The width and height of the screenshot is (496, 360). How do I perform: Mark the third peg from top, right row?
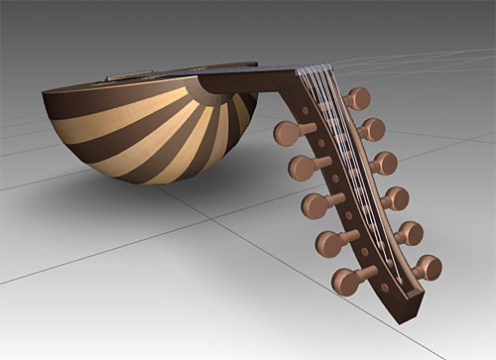(383, 163)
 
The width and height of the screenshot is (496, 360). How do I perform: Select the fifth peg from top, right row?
(408, 233)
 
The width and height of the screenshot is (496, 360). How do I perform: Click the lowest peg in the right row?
(427, 267)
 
